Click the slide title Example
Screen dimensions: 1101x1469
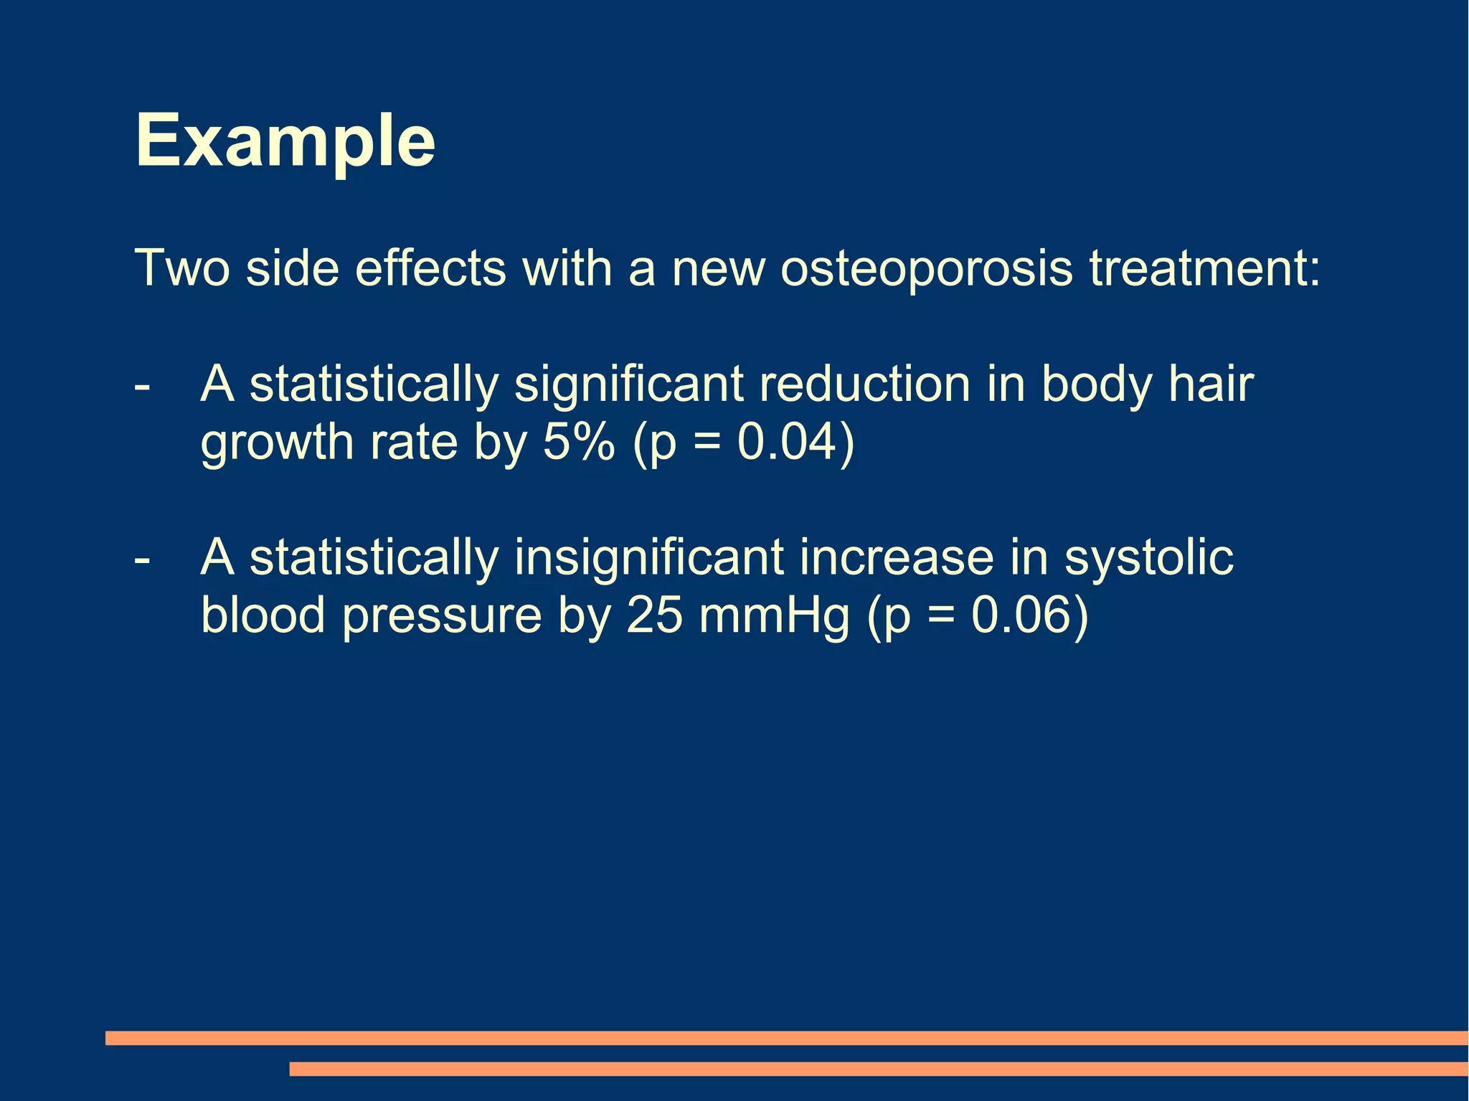click(285, 141)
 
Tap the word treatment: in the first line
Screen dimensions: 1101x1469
click(1204, 268)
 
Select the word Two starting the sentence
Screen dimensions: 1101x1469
click(182, 268)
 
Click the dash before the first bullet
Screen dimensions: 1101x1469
click(142, 386)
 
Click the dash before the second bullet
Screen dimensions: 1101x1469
click(142, 558)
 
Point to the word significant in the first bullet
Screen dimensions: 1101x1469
click(628, 386)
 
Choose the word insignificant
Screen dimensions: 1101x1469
click(648, 558)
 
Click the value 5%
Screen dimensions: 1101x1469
click(579, 442)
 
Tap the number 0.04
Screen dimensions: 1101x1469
click(788, 442)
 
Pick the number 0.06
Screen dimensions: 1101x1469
click(1021, 615)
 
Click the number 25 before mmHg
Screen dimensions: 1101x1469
click(654, 615)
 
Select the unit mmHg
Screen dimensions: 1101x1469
click(774, 615)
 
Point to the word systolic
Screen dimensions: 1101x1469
click(1148, 558)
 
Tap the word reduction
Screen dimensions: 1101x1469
click(864, 384)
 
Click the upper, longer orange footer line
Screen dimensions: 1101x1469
click(786, 1038)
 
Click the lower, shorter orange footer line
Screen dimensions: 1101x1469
click(878, 1069)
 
